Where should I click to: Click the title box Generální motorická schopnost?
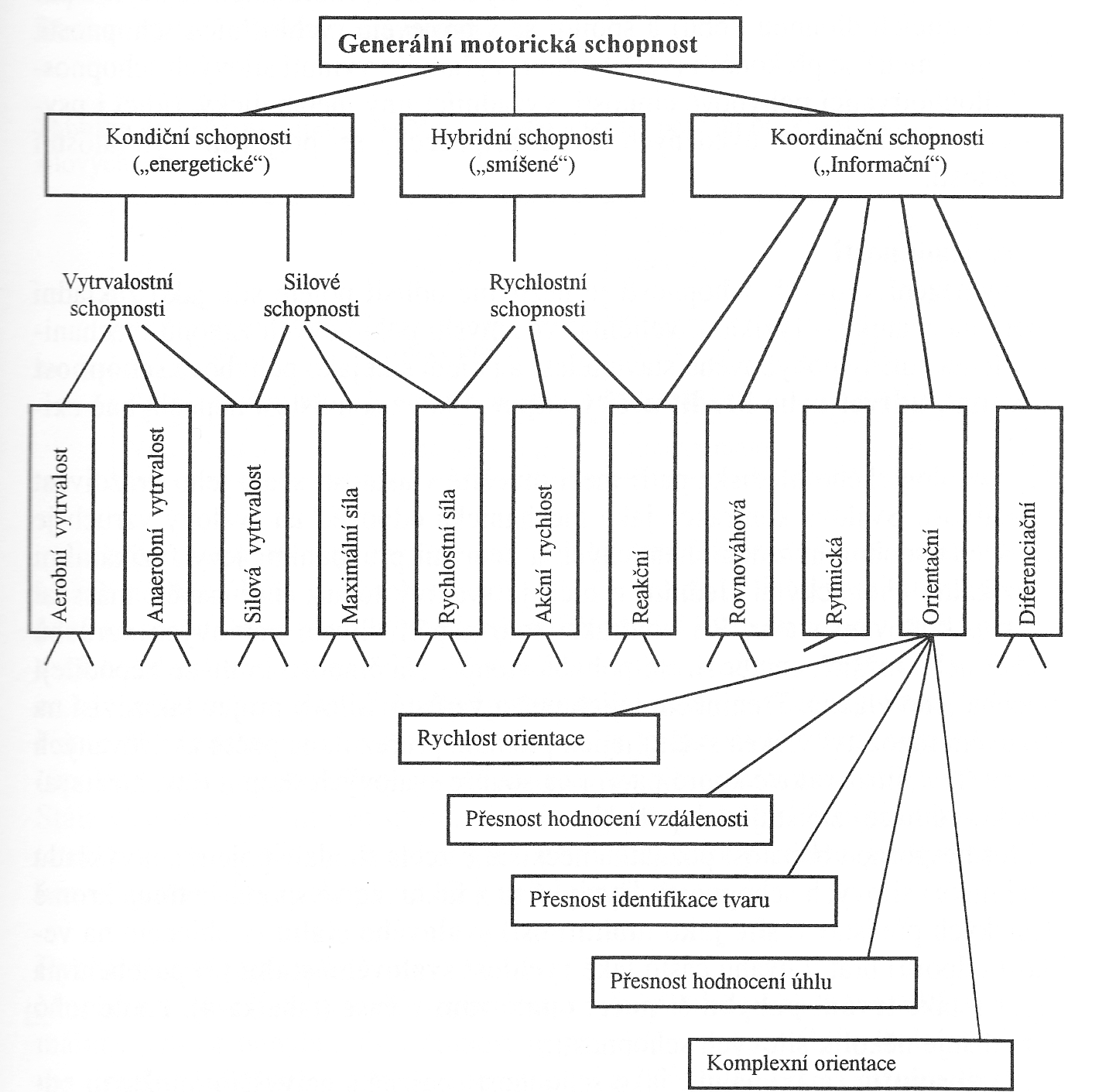click(530, 42)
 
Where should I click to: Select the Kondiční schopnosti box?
click(199, 155)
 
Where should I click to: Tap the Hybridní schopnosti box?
click(522, 155)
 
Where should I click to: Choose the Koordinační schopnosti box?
click(877, 156)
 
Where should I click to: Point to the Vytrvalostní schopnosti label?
click(118, 296)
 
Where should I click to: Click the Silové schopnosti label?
click(311, 296)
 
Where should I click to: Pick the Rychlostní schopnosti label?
click(538, 296)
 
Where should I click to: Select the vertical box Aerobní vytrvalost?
click(61, 519)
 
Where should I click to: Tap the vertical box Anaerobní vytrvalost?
click(157, 520)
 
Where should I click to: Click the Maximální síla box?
click(351, 520)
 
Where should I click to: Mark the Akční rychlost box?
click(545, 520)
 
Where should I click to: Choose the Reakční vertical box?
click(642, 520)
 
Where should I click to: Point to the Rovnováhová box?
click(740, 520)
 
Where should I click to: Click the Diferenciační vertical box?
click(1029, 521)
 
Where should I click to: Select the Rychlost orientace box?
click(529, 738)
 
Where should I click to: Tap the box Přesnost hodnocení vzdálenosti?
click(610, 820)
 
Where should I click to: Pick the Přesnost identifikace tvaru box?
click(674, 901)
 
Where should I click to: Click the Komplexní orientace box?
click(851, 1064)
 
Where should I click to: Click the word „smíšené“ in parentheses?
click(522, 166)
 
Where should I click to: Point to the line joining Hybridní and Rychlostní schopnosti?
click(515, 229)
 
